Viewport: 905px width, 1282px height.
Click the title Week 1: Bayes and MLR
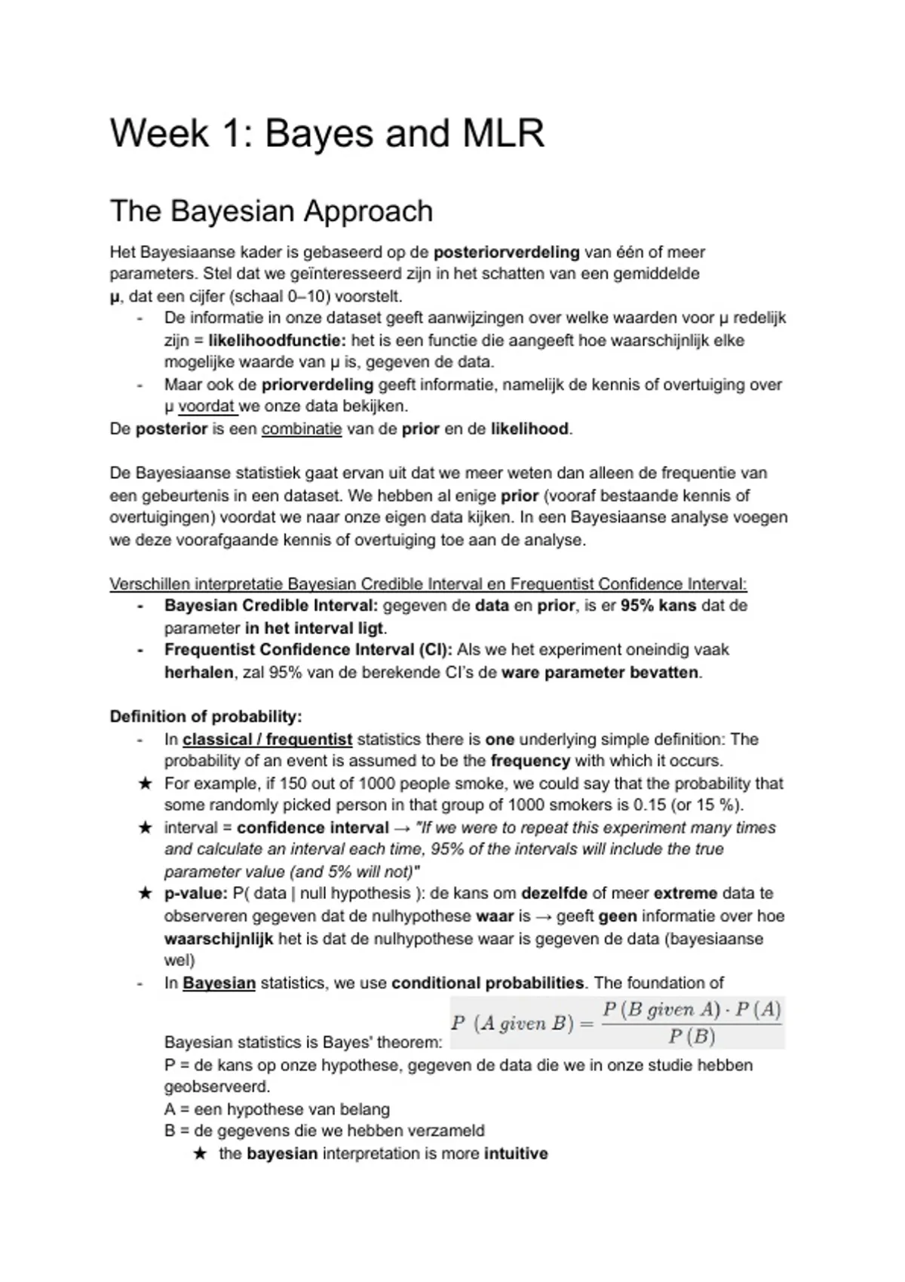[x=327, y=133]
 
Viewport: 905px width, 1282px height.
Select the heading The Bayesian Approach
[x=271, y=211]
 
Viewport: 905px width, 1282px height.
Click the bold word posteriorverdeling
[x=506, y=252]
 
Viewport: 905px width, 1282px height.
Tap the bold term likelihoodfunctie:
[x=277, y=340]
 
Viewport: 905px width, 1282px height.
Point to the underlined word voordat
[x=207, y=406]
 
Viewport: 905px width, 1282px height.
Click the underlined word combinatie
[x=302, y=429]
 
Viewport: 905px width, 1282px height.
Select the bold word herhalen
[x=198, y=672]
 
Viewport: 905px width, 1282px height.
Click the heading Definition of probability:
[x=205, y=716]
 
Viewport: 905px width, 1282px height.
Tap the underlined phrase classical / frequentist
[x=267, y=739]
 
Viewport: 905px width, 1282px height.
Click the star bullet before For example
[x=145, y=784]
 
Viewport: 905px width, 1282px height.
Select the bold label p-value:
[x=195, y=894]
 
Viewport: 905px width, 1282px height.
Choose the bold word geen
[x=617, y=915]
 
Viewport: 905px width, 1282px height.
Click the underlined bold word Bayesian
[x=219, y=983]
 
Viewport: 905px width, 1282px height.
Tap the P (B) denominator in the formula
[x=691, y=1036]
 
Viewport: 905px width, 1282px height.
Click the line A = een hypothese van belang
[x=277, y=1109]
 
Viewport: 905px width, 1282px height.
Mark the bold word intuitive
[x=516, y=1154]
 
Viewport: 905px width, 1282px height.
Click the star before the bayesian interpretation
[x=200, y=1154]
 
